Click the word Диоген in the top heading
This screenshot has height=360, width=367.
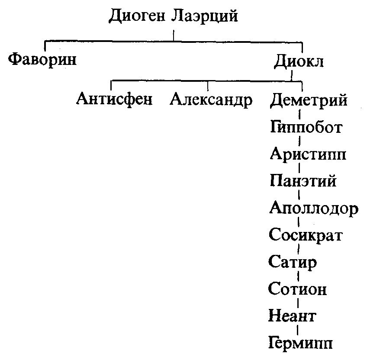click(137, 16)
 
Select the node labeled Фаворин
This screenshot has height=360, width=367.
click(42, 60)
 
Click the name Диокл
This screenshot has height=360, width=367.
click(299, 61)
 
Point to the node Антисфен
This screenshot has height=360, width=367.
click(114, 99)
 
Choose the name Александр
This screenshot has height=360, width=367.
click(211, 100)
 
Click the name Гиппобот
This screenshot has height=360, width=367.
click(306, 127)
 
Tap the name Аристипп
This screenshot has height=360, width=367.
click(308, 154)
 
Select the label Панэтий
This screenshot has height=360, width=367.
click(303, 180)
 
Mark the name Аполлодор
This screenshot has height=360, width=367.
click(314, 208)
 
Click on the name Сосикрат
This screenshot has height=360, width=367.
click(306, 235)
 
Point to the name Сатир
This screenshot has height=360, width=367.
click(293, 262)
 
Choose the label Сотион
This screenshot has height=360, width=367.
click(297, 288)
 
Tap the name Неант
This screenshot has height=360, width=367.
click(292, 315)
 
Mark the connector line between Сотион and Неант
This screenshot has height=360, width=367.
click(298, 302)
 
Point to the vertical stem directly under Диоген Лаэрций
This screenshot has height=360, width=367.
click(174, 35)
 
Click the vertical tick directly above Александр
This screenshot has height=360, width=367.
click(208, 86)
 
